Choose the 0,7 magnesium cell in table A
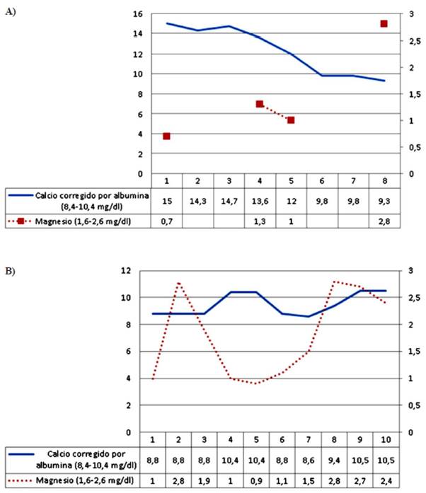pos(166,221)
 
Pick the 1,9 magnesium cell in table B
pos(204,482)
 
